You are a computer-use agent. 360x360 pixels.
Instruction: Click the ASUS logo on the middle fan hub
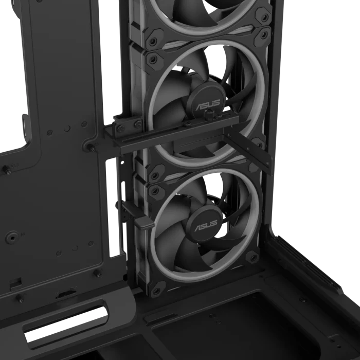207,104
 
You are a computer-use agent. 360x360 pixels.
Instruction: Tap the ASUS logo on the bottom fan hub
206,226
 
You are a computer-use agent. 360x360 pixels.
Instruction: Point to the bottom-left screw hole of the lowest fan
156,291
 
